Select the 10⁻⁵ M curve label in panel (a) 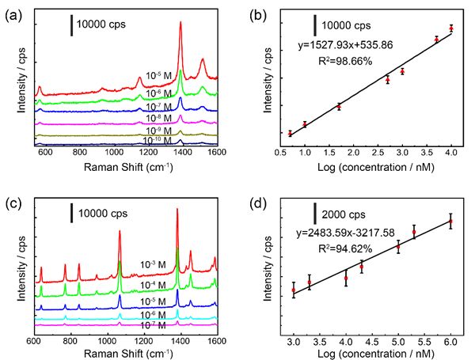pos(159,77)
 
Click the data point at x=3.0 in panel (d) pos(294,290)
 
